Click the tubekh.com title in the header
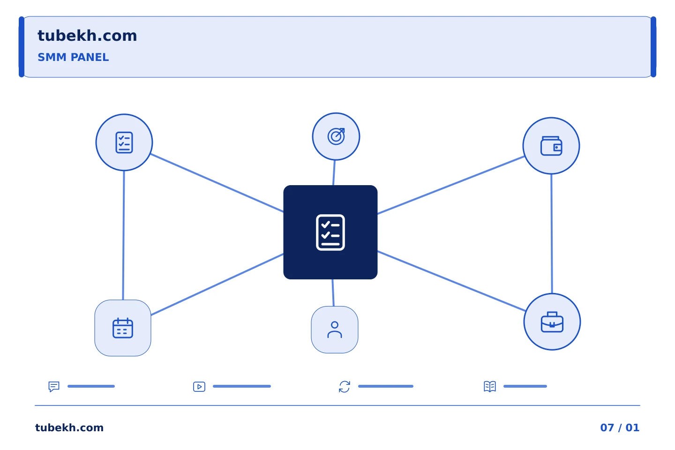[x=87, y=36]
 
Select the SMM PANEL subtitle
[x=73, y=57]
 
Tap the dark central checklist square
[x=330, y=232]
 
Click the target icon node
[x=336, y=136]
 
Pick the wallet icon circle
[x=551, y=146]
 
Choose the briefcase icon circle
[x=552, y=322]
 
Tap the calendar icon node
[x=123, y=328]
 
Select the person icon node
[x=335, y=330]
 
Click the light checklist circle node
[x=124, y=142]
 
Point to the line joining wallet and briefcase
[x=551, y=234]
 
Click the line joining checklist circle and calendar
[x=124, y=235]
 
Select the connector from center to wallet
[x=451, y=185]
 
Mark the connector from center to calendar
[x=217, y=285]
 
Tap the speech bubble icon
[x=54, y=386]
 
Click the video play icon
[x=199, y=387]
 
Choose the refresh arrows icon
[x=345, y=387]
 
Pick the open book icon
[x=490, y=386]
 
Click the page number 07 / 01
[x=620, y=427]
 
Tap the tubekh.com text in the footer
[x=69, y=427]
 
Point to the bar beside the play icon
[x=242, y=386]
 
